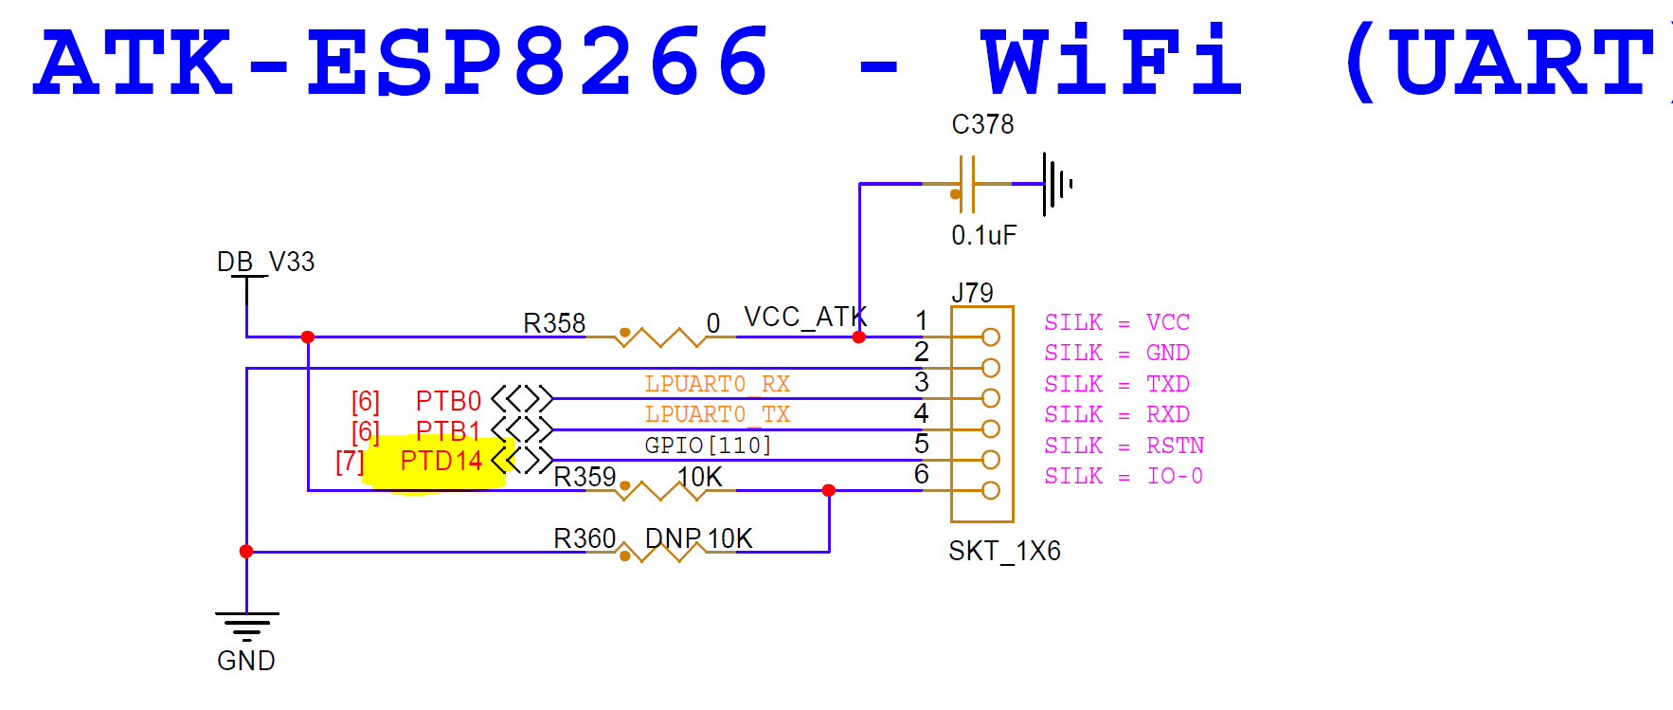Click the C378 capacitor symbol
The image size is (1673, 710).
[x=967, y=184]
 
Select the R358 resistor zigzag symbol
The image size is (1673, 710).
[x=660, y=337]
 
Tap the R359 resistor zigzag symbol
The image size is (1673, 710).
[x=660, y=490]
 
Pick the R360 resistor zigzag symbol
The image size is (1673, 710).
[x=660, y=552]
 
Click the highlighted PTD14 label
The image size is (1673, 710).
[x=441, y=462]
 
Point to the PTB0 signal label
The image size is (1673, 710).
[x=448, y=401]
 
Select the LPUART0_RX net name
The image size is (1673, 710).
[x=717, y=384]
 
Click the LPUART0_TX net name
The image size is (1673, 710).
[x=717, y=414]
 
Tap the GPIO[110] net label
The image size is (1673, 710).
[x=708, y=445]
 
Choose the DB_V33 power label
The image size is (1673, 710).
[x=265, y=262]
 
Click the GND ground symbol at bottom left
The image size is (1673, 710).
[x=246, y=627]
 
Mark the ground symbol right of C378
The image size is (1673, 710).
[x=1057, y=183]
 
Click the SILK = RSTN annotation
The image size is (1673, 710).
[x=1124, y=446]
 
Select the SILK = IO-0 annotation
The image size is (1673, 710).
[x=1124, y=476]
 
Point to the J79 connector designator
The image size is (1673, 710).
[x=972, y=293]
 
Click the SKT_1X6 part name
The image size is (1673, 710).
[x=1004, y=551]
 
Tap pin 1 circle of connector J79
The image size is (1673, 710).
[x=991, y=337]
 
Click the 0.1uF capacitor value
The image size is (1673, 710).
[x=983, y=235]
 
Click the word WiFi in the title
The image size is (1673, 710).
[x=1112, y=63]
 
